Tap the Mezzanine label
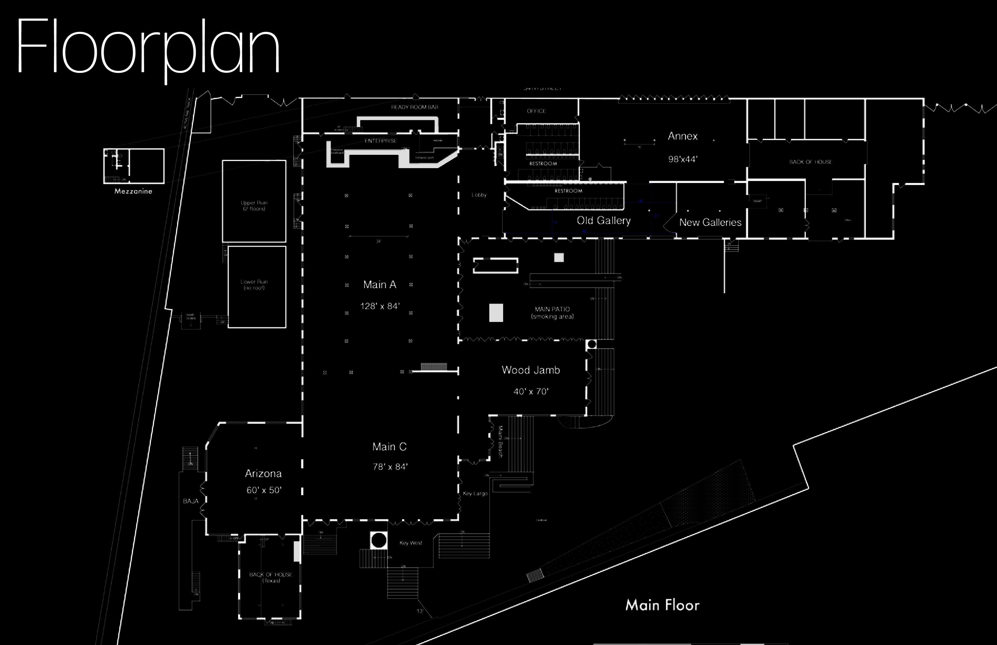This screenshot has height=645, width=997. tap(133, 191)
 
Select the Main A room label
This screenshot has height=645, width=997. tap(380, 285)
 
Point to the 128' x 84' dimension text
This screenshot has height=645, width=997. tap(380, 306)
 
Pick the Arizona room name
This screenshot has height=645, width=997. tap(263, 474)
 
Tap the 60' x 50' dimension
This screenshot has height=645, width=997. tap(264, 490)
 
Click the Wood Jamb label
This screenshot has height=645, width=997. tap(531, 370)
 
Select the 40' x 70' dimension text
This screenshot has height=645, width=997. tap(531, 392)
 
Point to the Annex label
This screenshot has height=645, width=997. tap(682, 136)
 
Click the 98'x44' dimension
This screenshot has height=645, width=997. tap(682, 159)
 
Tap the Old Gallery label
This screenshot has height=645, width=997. tap(603, 221)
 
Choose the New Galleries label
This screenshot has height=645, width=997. tap(710, 222)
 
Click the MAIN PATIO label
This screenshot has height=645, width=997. tap(552, 309)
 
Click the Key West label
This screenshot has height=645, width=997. tap(410, 543)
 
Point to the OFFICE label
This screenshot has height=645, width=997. tap(536, 111)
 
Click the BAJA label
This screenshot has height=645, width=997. tap(191, 501)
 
